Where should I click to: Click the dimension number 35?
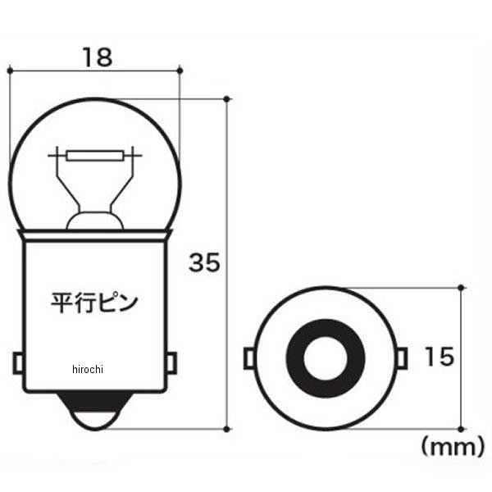[204, 262]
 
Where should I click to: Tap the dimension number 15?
[439, 358]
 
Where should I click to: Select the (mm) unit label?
[448, 447]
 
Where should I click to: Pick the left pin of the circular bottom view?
[249, 358]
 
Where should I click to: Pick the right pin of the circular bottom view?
[402, 358]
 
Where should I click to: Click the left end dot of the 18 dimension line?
[9, 71]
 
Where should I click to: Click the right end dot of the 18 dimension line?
[180, 71]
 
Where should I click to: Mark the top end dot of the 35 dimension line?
[225, 99]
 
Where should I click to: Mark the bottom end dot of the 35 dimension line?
[225, 427]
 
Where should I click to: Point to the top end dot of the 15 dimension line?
[462, 288]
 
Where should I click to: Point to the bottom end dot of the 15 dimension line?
[462, 427]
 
